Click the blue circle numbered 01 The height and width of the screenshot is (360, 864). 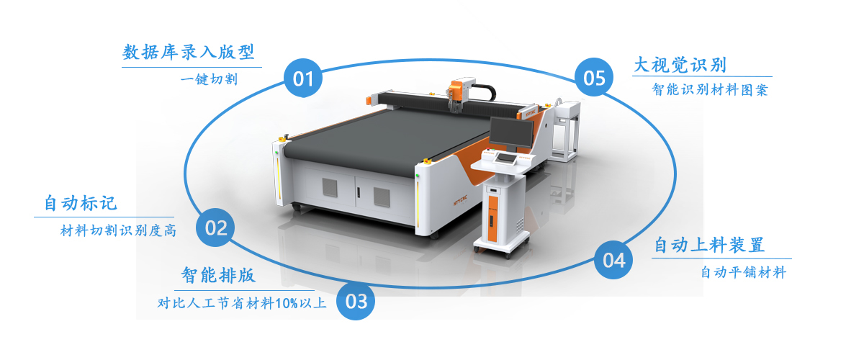[x=303, y=78]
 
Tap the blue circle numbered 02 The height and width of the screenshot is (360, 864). [x=215, y=228]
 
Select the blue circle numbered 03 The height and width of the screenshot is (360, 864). [x=356, y=301]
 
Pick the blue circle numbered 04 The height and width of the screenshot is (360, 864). [x=613, y=260]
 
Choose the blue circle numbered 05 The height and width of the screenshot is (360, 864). [x=594, y=77]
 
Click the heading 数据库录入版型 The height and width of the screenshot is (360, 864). [x=188, y=52]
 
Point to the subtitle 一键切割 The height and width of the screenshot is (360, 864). [x=209, y=79]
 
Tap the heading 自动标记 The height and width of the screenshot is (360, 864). [x=80, y=203]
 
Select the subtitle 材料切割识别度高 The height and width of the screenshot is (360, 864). [x=118, y=230]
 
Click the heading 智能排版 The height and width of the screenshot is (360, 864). [x=218, y=276]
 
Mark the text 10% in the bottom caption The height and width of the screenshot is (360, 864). [x=287, y=303]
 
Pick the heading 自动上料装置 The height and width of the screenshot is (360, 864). [x=709, y=245]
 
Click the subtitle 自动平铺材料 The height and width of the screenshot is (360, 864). [x=743, y=272]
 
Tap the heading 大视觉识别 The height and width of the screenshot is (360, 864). [x=680, y=65]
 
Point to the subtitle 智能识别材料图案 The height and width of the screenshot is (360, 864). [x=710, y=90]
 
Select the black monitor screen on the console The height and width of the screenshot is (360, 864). [x=511, y=132]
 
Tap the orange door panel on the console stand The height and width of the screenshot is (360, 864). [x=492, y=218]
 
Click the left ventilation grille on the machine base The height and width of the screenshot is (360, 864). [x=330, y=187]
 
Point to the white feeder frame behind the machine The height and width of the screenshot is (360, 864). [x=564, y=131]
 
